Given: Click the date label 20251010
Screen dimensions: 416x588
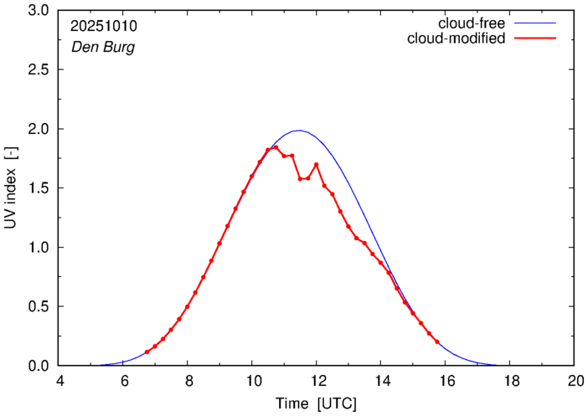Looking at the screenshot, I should pos(104,26).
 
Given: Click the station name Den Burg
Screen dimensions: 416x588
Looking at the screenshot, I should pos(103,47).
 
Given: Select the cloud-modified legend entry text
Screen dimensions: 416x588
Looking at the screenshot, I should pos(456,39).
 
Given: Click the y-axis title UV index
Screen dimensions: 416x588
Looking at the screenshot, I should pos(10,188).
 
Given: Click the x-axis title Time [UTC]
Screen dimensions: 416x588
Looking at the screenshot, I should pos(317,403).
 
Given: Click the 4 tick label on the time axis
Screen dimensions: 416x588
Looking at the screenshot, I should pos(59,380).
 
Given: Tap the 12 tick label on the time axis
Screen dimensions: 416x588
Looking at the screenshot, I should pos(317,380).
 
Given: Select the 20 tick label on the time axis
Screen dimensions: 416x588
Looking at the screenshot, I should pos(574,380).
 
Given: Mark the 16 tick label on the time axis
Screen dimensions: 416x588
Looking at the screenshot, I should pos(445,380).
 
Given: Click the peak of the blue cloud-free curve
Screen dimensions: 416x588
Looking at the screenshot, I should pos(298,131).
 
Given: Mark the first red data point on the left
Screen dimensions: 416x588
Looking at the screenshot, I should pos(147,352).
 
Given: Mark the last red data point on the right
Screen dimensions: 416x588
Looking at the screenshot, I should pos(437,342).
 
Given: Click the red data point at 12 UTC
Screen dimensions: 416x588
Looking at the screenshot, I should pos(317,164).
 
